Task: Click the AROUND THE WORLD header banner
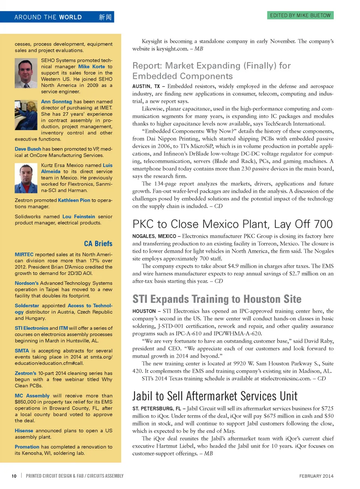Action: pos(57,17)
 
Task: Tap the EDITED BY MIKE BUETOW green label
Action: pos(300,15)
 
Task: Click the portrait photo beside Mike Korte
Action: pos(26,73)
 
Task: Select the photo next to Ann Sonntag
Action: pos(26,115)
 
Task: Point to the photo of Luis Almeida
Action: pos(26,178)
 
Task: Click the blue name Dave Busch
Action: pos(28,149)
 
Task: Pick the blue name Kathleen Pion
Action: pos(74,200)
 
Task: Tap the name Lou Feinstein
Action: pos(79,217)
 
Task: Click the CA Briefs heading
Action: pos(98,244)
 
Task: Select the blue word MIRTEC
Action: pos(24,254)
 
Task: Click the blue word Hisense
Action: pos(24,431)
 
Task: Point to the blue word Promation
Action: pos(27,447)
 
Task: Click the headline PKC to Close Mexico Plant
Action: pos(232,224)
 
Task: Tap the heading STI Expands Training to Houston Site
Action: pos(217,299)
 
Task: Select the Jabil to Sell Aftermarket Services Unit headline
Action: pos(215,396)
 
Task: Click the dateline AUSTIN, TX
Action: pos(146,86)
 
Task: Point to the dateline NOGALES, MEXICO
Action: pos(154,236)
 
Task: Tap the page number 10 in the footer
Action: pos(14,476)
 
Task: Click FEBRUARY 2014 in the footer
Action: pos(316,476)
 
